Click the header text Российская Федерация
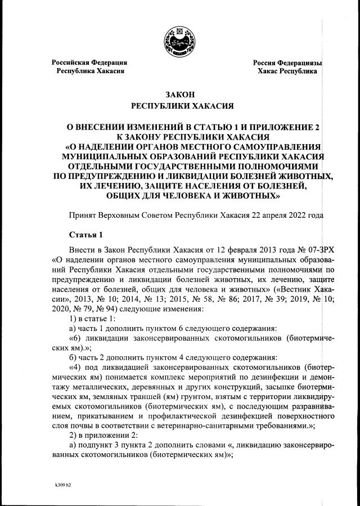(x=89, y=62)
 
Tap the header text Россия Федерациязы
(x=287, y=62)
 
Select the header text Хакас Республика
(x=287, y=71)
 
